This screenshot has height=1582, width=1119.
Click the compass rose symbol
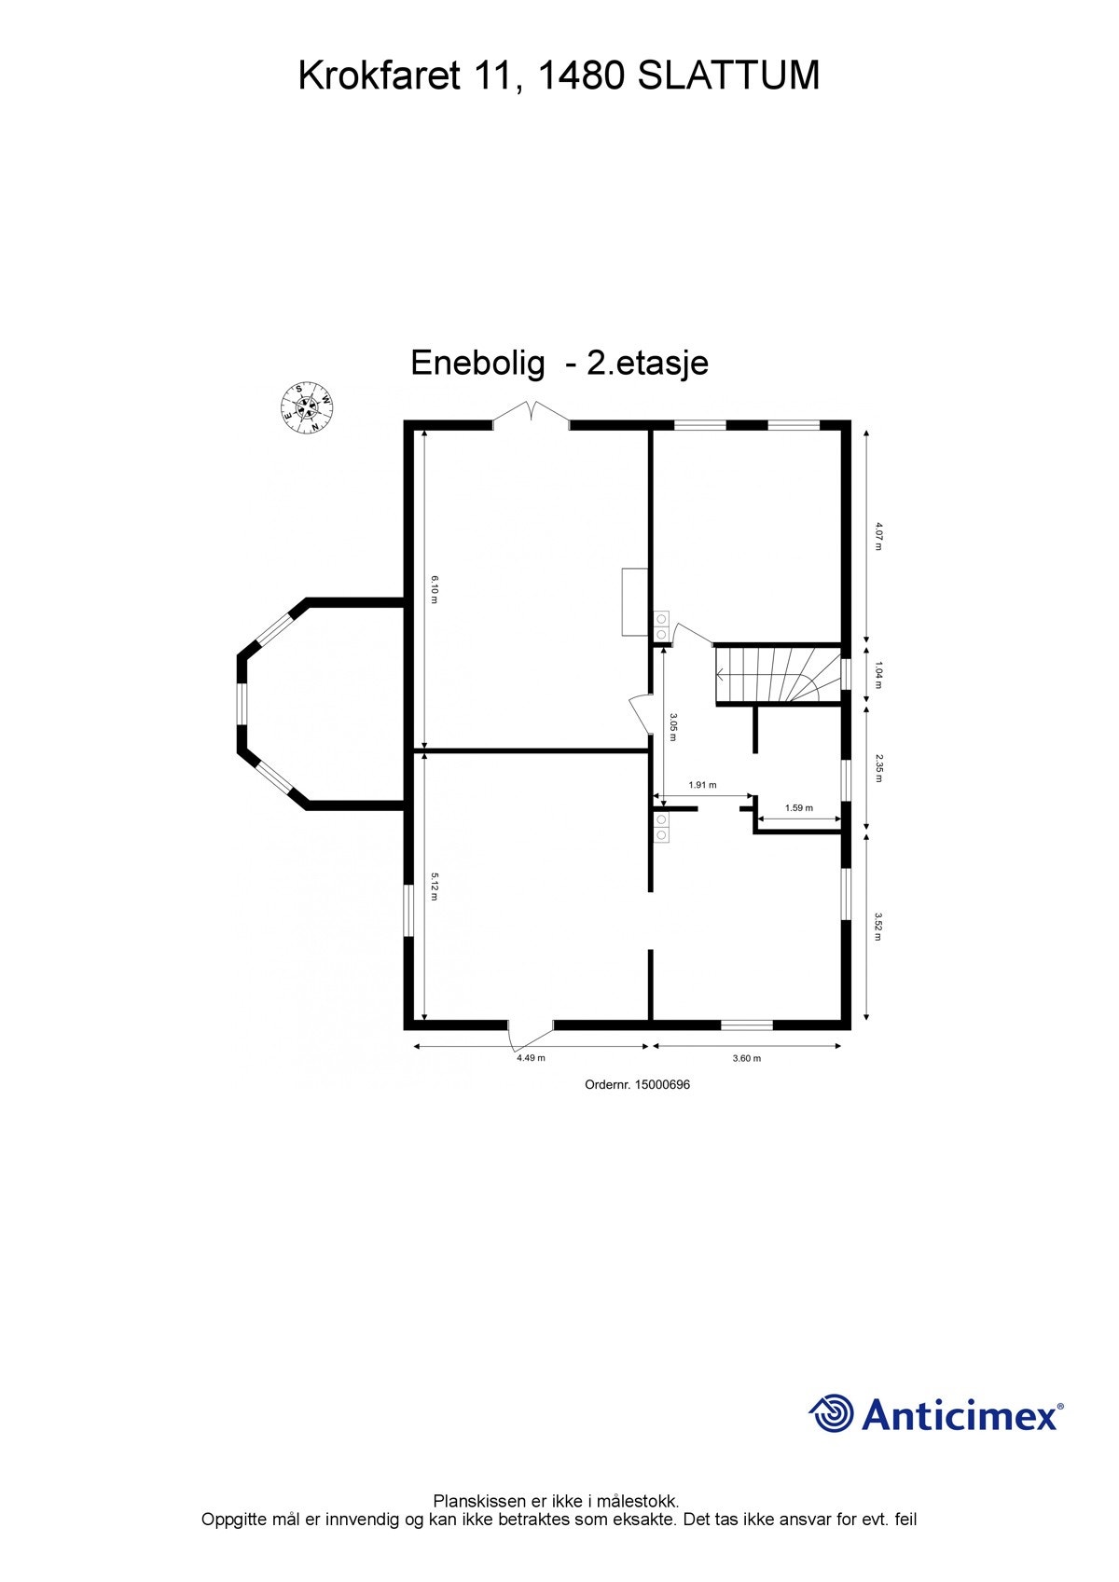[308, 408]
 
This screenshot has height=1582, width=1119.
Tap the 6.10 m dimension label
[435, 589]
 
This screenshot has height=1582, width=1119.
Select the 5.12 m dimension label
[435, 886]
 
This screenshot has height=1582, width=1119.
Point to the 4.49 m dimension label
[531, 1058]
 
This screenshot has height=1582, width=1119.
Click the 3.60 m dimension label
[746, 1058]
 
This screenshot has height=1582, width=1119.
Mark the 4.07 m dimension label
[877, 536]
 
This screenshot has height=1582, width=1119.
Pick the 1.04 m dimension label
[877, 675]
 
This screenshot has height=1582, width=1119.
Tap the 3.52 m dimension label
[877, 927]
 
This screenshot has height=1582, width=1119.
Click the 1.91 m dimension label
[702, 785]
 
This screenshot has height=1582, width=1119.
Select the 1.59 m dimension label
[799, 807]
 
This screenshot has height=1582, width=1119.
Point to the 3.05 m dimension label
[673, 727]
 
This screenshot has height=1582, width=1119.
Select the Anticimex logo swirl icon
[831, 1413]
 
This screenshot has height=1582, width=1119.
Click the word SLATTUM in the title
[728, 76]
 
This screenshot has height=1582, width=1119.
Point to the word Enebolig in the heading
[477, 363]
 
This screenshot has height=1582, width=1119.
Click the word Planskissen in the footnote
[479, 1501]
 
